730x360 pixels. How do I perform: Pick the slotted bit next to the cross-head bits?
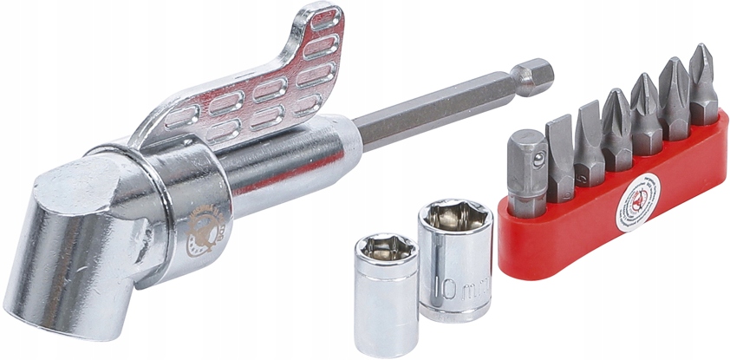(x=589, y=139)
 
